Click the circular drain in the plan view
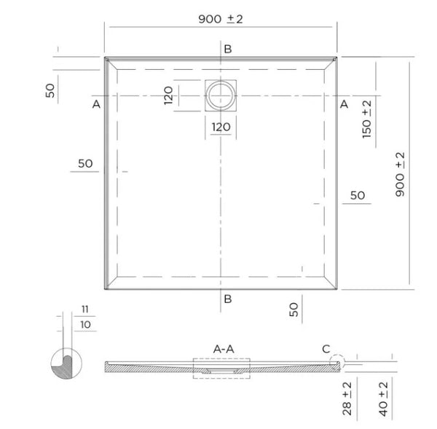(x=221, y=95)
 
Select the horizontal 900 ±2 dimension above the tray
(x=220, y=18)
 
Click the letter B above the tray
(x=228, y=49)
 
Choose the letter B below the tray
(x=228, y=299)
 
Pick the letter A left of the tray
(x=96, y=105)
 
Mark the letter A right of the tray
(x=344, y=105)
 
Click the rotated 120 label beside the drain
(x=168, y=95)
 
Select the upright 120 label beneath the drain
(x=221, y=127)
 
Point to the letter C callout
(x=326, y=349)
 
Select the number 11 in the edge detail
(x=86, y=309)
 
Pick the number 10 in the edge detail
(x=86, y=323)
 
